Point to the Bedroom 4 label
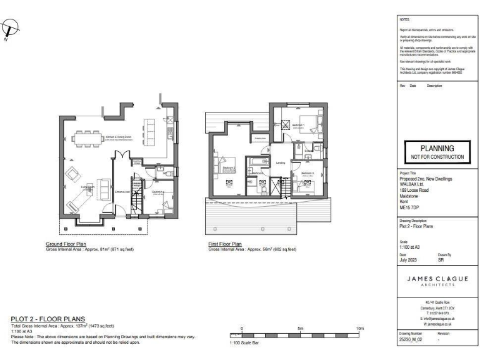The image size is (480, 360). click(x=157, y=192)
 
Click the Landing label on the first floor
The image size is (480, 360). click(x=281, y=163)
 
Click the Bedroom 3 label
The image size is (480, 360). click(x=307, y=172)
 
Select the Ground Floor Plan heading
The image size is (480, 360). click(x=66, y=244)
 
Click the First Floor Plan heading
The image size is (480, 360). click(x=224, y=244)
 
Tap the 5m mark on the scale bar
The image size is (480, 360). click(x=300, y=328)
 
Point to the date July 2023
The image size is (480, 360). click(x=408, y=260)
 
